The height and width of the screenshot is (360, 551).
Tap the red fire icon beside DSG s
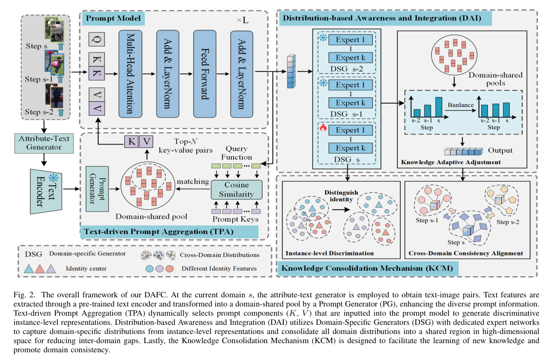coord(321,127)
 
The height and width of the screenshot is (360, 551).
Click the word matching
coord(193,182)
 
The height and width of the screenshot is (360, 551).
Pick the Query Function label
coord(236,153)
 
